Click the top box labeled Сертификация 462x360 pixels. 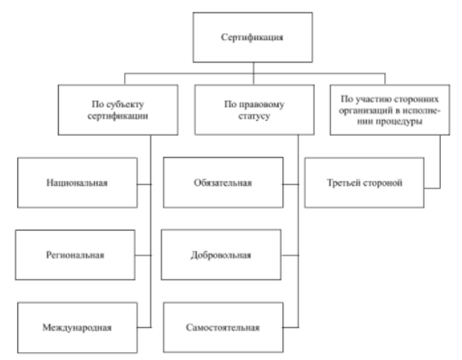pyautogui.click(x=253, y=38)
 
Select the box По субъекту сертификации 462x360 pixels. pyautogui.click(x=118, y=110)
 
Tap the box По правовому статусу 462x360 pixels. pyautogui.click(x=254, y=110)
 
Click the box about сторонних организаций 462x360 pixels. pyautogui.click(x=390, y=110)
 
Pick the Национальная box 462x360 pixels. pyautogui.click(x=77, y=183)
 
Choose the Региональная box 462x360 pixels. pyautogui.click(x=75, y=255)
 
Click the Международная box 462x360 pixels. pyautogui.click(x=77, y=328)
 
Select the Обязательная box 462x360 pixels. pyautogui.click(x=223, y=183)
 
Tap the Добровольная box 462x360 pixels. pyautogui.click(x=221, y=255)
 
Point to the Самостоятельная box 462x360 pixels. pyautogui.click(x=223, y=328)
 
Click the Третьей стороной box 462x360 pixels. pyautogui.click(x=364, y=183)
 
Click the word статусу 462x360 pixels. pyautogui.click(x=254, y=116)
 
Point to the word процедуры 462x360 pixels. pyautogui.click(x=403, y=122)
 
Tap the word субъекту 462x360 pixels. pyautogui.click(x=126, y=104)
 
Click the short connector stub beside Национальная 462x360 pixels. pyautogui.click(x=144, y=184)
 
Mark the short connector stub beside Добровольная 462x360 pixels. pyautogui.click(x=290, y=255)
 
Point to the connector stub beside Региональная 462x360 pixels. pyautogui.click(x=144, y=255)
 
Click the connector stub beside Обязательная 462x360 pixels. pyautogui.click(x=291, y=184)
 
